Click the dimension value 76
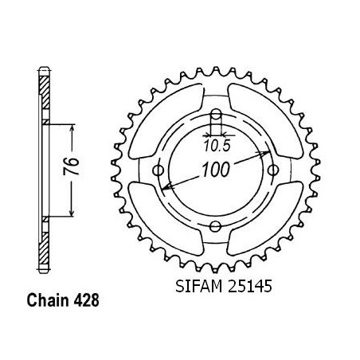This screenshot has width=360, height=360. click(71, 166)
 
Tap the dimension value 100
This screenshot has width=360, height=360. click(215, 170)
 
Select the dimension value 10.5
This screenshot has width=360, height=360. click(217, 146)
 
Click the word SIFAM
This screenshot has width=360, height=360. click(198, 287)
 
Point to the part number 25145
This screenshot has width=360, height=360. click(249, 287)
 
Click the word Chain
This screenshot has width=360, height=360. click(48, 300)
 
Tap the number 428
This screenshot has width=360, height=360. click(86, 300)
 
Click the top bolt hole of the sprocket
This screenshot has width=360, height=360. click(216, 114)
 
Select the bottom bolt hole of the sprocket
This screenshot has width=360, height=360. click(215, 226)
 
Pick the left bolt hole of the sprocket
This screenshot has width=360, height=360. click(158, 170)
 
